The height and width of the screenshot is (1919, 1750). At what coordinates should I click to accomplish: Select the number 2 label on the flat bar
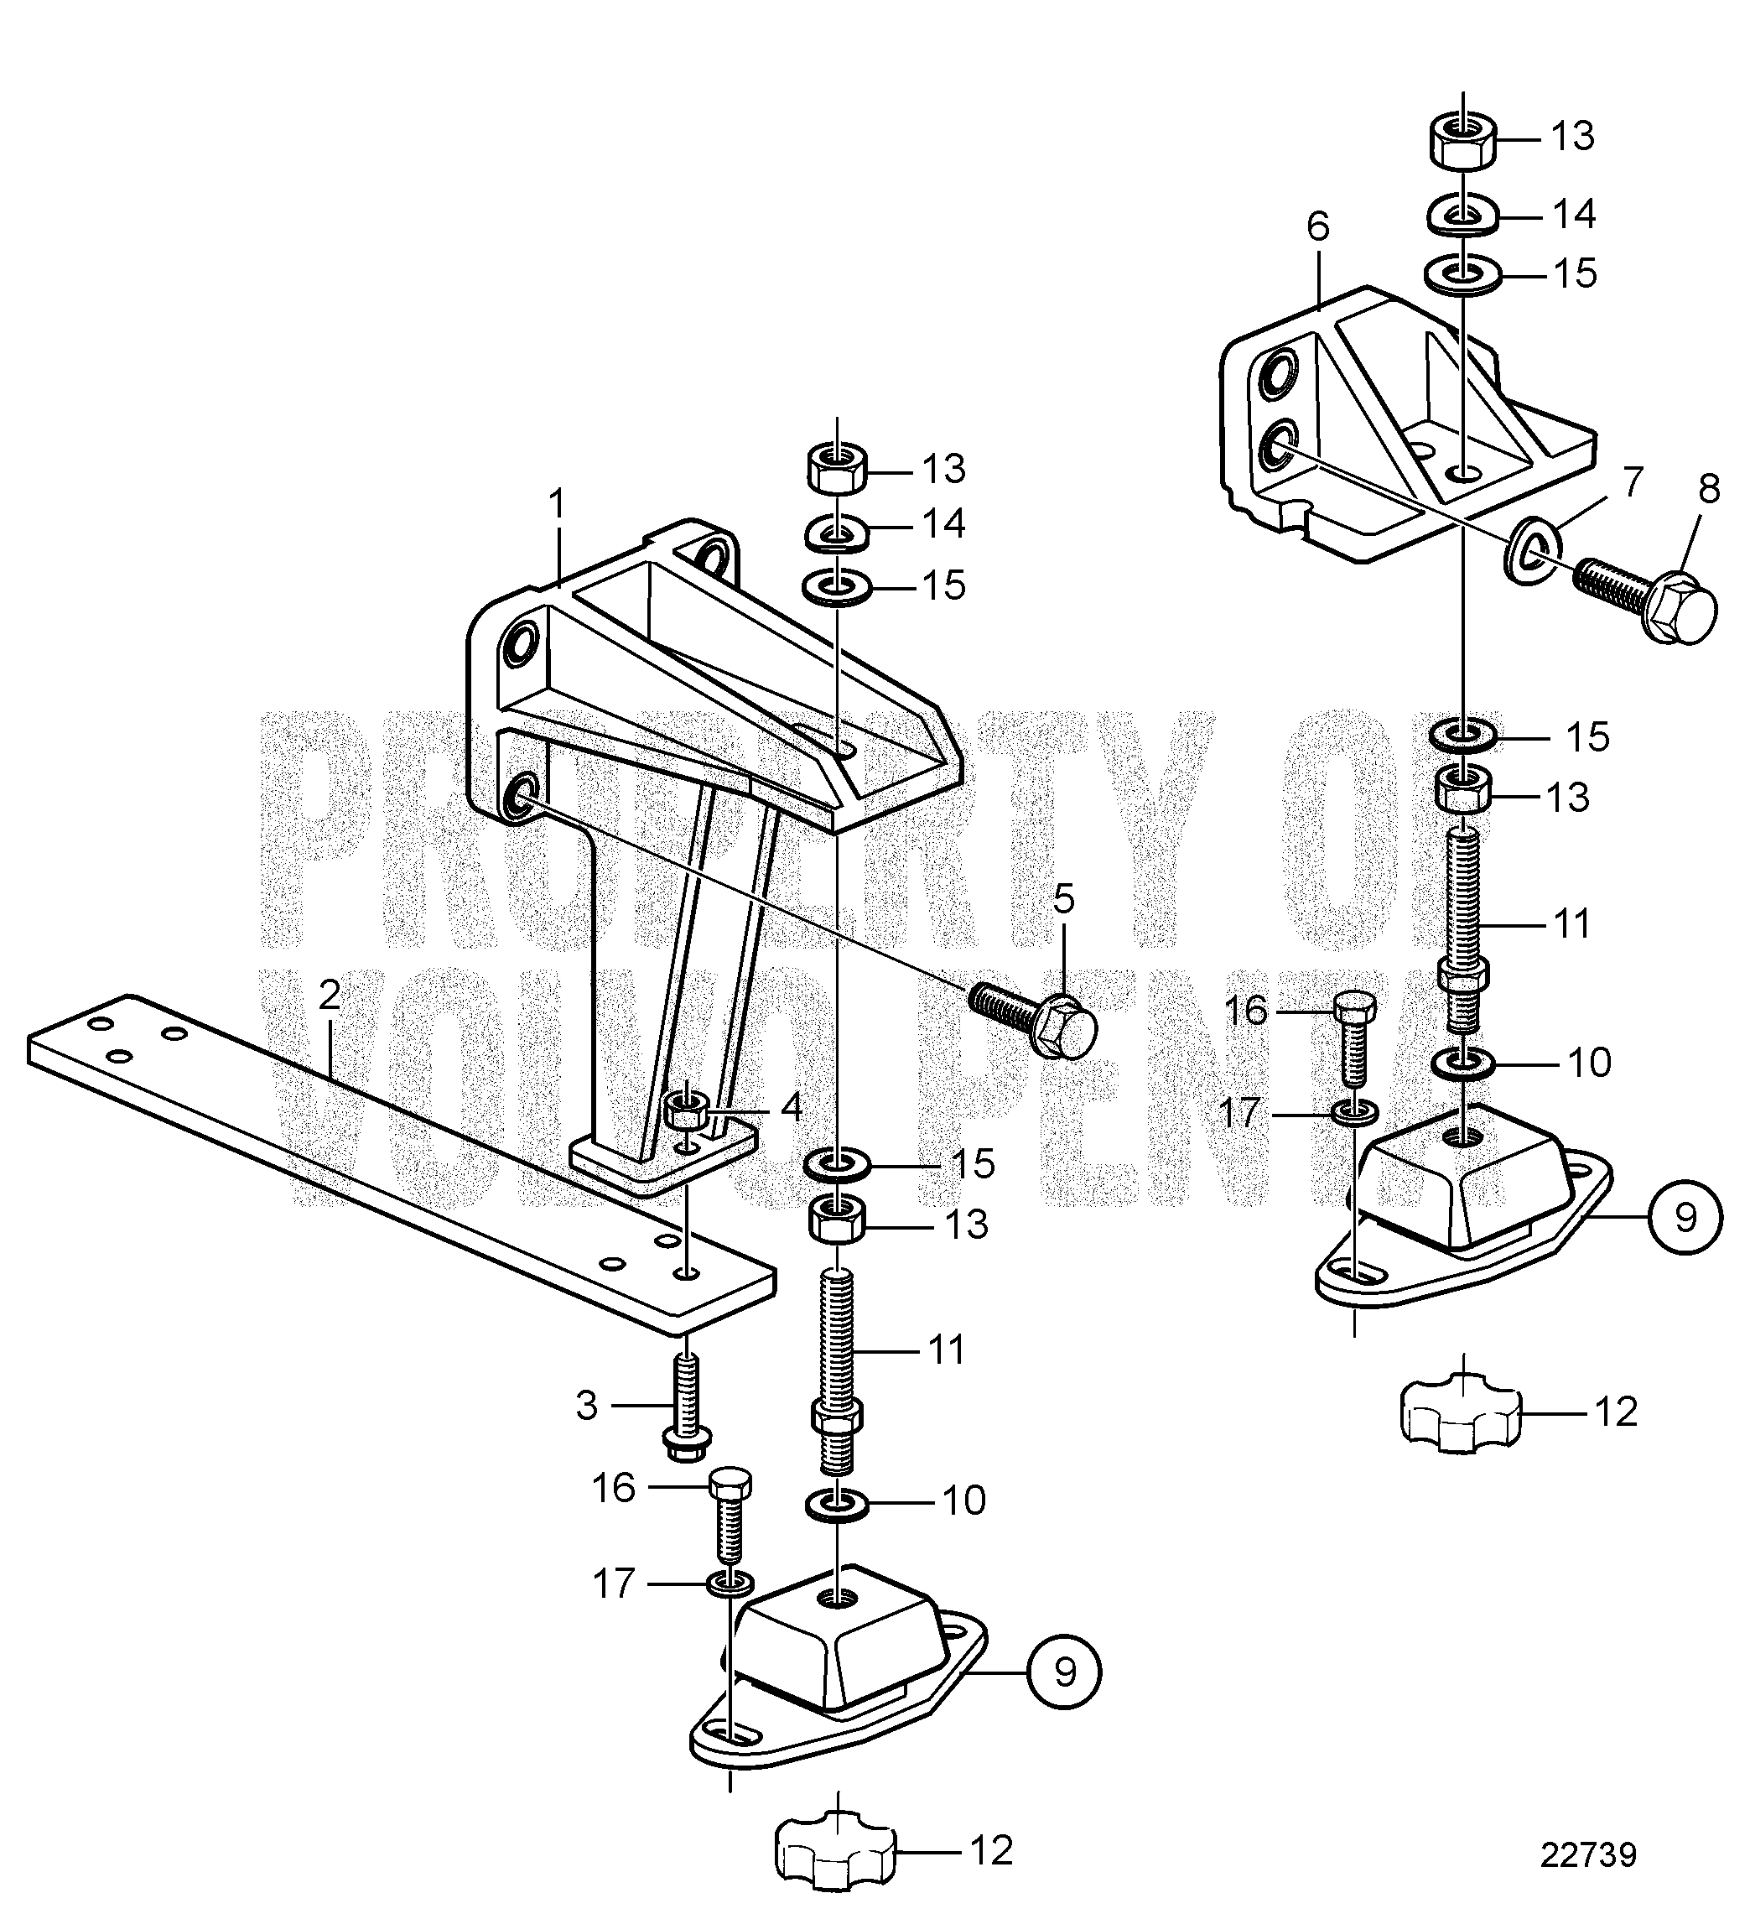[330, 996]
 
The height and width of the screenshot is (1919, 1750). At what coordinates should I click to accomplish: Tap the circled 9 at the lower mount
[1065, 1672]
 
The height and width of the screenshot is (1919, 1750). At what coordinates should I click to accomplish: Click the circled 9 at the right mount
[1685, 1219]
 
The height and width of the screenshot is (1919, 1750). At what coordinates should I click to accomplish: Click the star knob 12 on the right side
[1461, 1418]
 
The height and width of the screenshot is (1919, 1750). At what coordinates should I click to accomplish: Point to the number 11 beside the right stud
[1573, 923]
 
